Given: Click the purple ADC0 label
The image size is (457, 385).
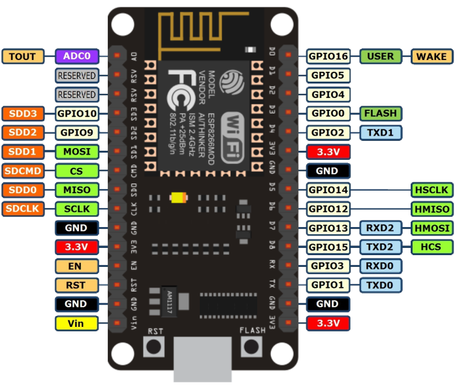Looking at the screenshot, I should point(77,56).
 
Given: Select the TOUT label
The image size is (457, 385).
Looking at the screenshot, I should point(23,56).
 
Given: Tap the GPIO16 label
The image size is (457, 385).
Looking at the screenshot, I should point(328,56).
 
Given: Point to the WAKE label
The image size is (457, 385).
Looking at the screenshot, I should point(432,56).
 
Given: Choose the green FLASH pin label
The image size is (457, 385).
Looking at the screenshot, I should point(381,114).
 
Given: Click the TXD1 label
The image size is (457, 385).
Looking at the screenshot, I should point(381,132).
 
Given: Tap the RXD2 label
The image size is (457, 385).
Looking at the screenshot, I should point(381,228).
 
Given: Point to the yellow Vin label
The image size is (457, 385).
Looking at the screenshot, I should point(77,323).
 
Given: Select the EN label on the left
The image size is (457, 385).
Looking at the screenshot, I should point(77,266).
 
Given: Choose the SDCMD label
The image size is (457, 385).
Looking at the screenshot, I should point(23,171).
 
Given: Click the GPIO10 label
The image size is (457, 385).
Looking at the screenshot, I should point(77,114).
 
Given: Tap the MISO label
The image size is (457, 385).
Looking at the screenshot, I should point(77,190).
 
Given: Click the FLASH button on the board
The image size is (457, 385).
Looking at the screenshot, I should point(252,346).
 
